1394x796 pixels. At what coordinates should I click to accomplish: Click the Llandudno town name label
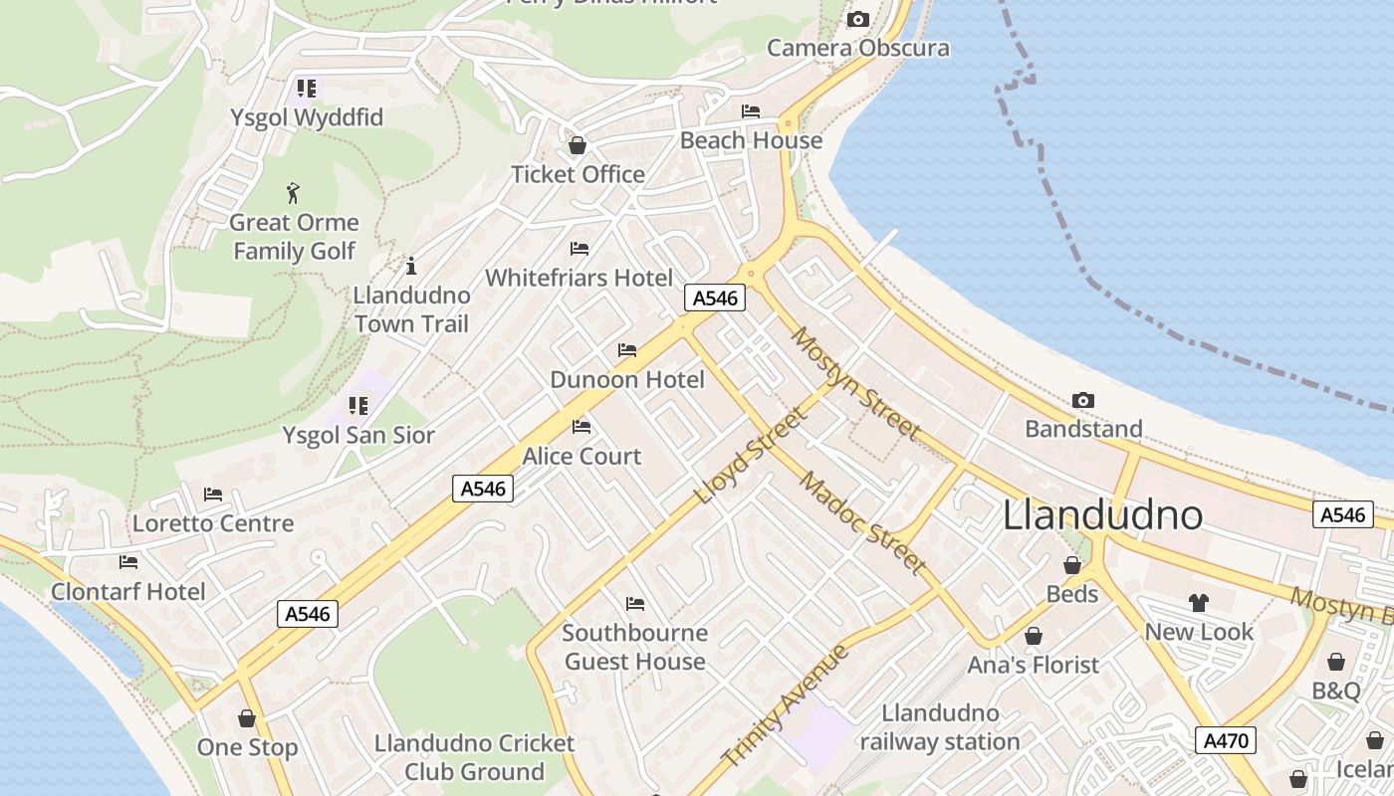[x=1102, y=514]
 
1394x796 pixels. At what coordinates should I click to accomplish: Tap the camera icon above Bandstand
[x=1083, y=400]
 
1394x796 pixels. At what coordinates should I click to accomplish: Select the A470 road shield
[x=1225, y=740]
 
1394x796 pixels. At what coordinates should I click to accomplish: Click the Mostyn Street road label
[x=853, y=381]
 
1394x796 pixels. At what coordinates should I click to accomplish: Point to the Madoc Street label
[x=862, y=521]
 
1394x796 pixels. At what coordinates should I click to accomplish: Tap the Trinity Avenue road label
[x=786, y=705]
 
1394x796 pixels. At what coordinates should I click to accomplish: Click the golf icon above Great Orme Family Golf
[x=293, y=192]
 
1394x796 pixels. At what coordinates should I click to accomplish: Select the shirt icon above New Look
[x=1198, y=602]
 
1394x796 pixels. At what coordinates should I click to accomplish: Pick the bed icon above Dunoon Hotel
[x=627, y=350]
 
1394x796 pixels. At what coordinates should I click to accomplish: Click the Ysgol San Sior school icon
[x=358, y=406]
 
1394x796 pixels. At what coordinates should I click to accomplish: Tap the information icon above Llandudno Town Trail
[x=411, y=266]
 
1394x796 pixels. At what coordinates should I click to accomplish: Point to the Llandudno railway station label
[x=940, y=727]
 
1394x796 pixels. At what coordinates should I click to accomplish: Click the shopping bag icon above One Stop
[x=247, y=718]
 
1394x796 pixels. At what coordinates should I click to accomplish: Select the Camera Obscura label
[x=857, y=48]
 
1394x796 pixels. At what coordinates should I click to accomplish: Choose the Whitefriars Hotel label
[x=579, y=278]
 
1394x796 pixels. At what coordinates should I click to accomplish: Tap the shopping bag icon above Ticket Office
[x=577, y=146]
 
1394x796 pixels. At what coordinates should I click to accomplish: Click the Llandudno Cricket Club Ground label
[x=474, y=757]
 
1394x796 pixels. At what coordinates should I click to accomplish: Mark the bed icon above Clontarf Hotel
[x=128, y=562]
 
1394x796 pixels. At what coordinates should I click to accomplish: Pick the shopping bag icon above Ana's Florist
[x=1034, y=636]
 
